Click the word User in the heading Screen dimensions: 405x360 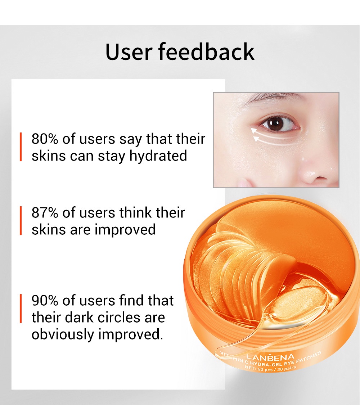click(x=129, y=51)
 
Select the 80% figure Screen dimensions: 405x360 click(x=45, y=139)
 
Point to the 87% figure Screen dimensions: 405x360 click(x=45, y=212)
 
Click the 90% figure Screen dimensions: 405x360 click(x=45, y=300)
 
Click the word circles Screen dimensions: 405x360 click(x=128, y=317)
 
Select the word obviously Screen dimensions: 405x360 click(x=63, y=334)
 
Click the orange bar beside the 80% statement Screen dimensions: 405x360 click(x=21, y=147)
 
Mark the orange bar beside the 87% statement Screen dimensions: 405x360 click(x=21, y=221)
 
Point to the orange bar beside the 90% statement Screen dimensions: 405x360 click(x=21, y=309)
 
